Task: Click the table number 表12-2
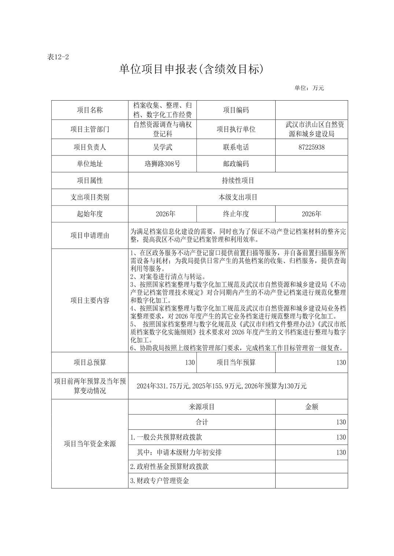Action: tap(58, 57)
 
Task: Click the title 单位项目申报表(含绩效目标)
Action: tap(191, 69)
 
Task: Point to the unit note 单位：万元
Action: tap(309, 88)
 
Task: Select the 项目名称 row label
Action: tap(90, 110)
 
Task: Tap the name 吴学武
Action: tap(162, 147)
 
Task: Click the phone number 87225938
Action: tap(312, 147)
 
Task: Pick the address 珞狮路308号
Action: tap(162, 164)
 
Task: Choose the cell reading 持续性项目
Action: tap(238, 181)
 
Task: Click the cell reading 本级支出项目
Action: tap(238, 197)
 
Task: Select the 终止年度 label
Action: tap(236, 214)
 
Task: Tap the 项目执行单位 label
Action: tap(236, 129)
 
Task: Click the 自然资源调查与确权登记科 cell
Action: tap(162, 129)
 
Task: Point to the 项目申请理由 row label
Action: tap(90, 236)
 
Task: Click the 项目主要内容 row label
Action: tap(90, 300)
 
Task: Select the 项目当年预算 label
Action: tap(236, 362)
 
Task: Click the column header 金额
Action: tap(312, 407)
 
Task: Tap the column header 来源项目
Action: tap(202, 407)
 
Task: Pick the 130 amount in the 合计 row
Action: tap(341, 422)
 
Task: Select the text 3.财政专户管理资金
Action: tap(159, 481)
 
